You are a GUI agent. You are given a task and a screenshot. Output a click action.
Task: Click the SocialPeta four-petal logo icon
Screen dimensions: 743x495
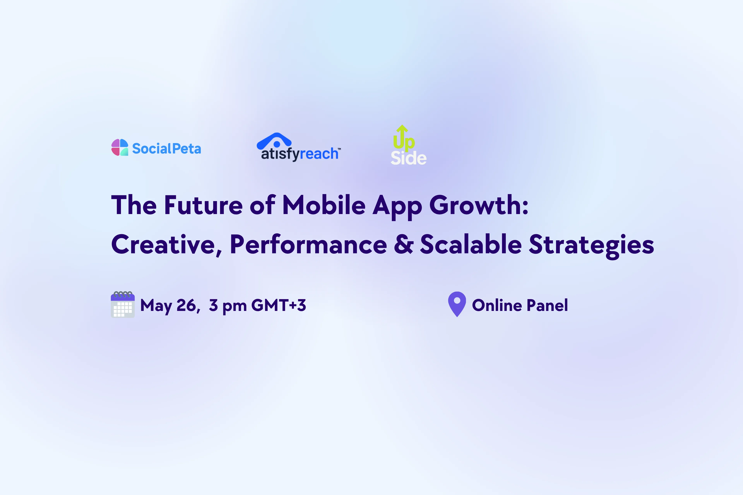pos(120,147)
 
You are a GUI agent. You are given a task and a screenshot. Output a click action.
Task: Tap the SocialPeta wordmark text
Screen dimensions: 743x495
pos(166,148)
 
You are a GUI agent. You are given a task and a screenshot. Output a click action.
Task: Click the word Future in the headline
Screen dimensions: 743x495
pos(203,205)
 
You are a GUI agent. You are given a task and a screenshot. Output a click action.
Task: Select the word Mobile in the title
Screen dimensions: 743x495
pos(324,205)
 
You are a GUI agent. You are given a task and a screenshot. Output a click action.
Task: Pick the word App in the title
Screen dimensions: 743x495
pos(397,207)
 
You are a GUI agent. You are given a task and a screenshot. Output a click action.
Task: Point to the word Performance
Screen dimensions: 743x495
pos(308,244)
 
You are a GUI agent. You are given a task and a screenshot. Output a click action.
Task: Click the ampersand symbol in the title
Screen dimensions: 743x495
pos(403,244)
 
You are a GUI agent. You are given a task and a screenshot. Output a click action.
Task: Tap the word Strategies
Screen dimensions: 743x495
pos(591,246)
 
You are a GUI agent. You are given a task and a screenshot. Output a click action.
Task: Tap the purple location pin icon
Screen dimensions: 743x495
pos(457,304)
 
